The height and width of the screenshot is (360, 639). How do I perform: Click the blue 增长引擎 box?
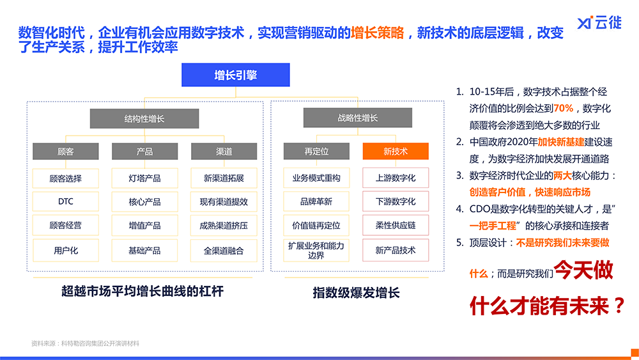236,75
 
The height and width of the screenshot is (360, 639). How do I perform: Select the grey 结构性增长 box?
144,119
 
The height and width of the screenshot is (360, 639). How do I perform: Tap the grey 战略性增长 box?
357,118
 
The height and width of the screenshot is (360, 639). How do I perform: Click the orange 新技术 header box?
396,152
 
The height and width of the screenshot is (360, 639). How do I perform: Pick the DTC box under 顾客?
66,201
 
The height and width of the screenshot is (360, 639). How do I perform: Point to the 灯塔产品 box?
144,178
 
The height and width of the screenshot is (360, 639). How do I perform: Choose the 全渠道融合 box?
224,250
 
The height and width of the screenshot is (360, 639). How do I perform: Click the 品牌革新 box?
316,201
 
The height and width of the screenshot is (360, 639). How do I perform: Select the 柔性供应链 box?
396,225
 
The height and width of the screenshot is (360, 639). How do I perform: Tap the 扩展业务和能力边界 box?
316,250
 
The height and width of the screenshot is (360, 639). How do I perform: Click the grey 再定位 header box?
316,152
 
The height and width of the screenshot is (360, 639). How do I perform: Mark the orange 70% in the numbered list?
563,108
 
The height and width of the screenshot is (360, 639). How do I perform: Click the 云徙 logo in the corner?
599,23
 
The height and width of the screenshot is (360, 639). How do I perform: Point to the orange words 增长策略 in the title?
378,33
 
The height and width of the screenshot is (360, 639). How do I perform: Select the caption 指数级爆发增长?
356,292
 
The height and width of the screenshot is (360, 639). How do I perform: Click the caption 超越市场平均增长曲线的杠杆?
142,291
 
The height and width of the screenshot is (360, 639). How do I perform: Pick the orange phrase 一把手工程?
493,226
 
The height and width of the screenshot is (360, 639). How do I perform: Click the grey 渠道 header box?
224,152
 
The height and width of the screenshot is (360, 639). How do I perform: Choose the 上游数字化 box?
396,178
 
